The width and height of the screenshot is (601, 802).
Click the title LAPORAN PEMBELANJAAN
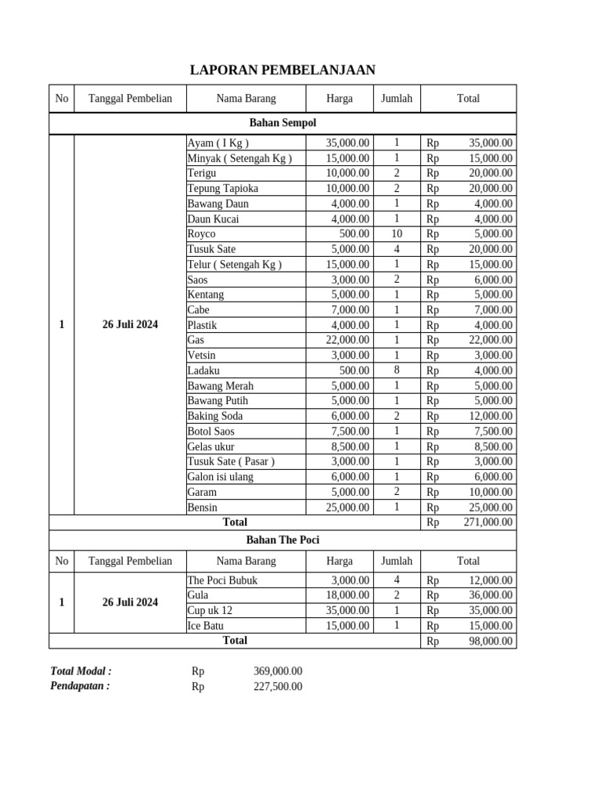[283, 70]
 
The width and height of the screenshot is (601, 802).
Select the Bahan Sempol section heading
[283, 123]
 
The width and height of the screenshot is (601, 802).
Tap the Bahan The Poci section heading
[283, 540]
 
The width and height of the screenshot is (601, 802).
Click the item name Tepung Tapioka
[223, 189]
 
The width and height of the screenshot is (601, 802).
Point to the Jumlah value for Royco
[397, 233]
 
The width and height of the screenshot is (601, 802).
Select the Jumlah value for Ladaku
[397, 370]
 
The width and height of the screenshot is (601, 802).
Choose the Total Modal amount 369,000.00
[278, 671]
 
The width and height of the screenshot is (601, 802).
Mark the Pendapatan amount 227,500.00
[278, 687]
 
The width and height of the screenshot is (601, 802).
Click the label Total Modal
[81, 671]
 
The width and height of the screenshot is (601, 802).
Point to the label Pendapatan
[80, 686]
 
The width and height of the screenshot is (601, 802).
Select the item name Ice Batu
[205, 626]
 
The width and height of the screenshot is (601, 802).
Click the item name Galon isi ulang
[221, 477]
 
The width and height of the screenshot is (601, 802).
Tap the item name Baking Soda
[215, 416]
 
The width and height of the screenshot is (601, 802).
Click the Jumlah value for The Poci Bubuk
[397, 580]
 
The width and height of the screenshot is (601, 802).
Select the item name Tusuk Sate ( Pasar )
[231, 461]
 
